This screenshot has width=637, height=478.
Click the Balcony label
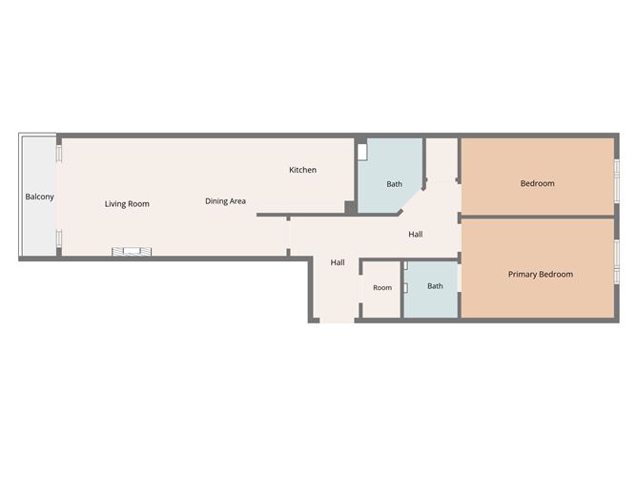[x=39, y=197]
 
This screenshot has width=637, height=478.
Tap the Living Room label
[x=127, y=204]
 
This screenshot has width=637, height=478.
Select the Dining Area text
[x=225, y=201]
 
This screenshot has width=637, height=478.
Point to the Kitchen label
[x=302, y=170]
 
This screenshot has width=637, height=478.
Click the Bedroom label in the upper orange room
[x=538, y=183]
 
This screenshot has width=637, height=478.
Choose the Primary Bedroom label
[x=541, y=275]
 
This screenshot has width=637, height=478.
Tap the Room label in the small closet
[x=382, y=288]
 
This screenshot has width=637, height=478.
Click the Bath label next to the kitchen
[x=394, y=184]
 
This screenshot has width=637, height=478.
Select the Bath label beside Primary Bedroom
[x=435, y=286]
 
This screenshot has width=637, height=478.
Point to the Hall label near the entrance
[x=338, y=262]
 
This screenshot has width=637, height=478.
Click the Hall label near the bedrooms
[x=416, y=234]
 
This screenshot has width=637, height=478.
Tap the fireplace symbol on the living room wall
[x=132, y=252]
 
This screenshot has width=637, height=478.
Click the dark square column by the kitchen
[x=350, y=206]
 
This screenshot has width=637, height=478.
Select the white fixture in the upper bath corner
[x=362, y=152]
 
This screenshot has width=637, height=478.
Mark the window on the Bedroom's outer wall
[x=617, y=181]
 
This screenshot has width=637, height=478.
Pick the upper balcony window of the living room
[x=59, y=154]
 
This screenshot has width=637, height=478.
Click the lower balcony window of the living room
[x=59, y=239]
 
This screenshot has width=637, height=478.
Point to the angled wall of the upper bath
[x=412, y=200]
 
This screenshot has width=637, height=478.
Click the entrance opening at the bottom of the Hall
[x=337, y=321]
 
